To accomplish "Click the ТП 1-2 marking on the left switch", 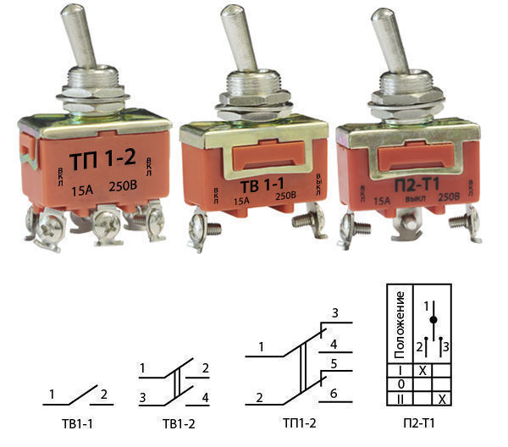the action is pos(102,159).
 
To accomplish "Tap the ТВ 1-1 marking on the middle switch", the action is pos(262,185).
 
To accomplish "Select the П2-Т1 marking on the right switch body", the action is pos(417,185).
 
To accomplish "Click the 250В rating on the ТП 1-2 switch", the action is pos(123,186).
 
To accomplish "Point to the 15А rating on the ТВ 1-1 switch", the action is pos(241,201).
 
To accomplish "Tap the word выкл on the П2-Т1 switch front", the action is pos(416,199).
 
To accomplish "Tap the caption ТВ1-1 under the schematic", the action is pos(77,423).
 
